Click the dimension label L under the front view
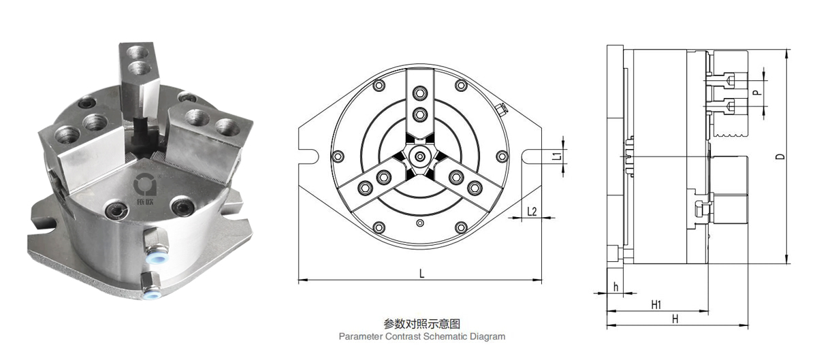[421, 274]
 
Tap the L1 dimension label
[556, 156]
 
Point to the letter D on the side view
[780, 156]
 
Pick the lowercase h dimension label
[615, 287]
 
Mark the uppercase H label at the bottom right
[675, 318]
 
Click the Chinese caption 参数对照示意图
[422, 324]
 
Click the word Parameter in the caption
[360, 336]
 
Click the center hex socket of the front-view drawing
[421, 157]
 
